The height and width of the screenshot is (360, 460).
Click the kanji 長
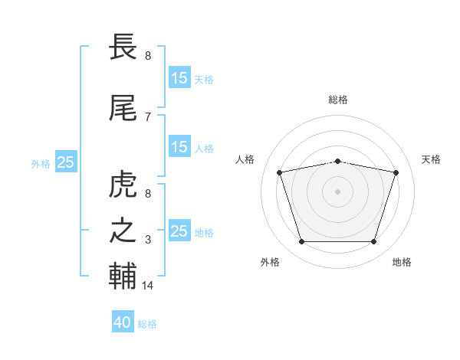[x=123, y=47]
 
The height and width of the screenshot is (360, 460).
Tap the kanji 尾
[x=123, y=108]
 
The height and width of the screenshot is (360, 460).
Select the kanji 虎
[x=123, y=184]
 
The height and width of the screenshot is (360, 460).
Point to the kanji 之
[x=123, y=231]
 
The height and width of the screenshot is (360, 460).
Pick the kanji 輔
[x=123, y=276]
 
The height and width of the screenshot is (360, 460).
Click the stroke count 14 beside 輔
[x=147, y=285]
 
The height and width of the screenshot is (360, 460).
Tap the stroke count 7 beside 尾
[x=148, y=117]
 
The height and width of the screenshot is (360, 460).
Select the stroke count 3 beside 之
[x=148, y=240]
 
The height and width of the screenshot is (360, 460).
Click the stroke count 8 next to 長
[x=148, y=56]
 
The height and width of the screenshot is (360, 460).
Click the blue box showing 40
[x=123, y=321]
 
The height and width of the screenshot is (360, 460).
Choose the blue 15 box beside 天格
[x=180, y=77]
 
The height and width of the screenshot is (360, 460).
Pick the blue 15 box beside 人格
[x=180, y=146]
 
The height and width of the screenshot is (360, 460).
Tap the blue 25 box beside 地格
[x=180, y=230]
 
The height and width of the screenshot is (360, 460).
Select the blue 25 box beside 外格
[x=66, y=162]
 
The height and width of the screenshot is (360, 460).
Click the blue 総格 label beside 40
[x=147, y=324]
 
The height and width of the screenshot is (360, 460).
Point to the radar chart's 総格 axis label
[x=338, y=100]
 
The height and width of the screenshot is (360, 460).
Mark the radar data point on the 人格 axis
[x=279, y=172]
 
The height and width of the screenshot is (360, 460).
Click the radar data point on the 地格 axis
[x=374, y=241]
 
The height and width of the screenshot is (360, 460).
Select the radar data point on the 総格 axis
[x=337, y=162]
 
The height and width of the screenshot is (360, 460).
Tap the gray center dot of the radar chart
[x=337, y=191]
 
